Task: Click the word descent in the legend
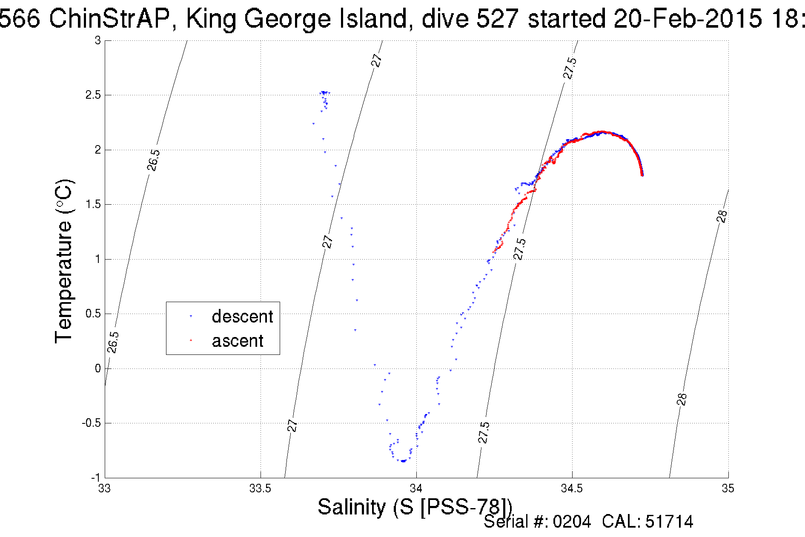point(242,317)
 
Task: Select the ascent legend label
point(238,341)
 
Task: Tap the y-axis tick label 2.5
point(93,95)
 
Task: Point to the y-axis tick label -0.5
point(91,423)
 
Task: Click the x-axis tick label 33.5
point(260,489)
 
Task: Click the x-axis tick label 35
point(728,489)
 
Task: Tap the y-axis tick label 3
point(98,40)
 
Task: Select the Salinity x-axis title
point(415,507)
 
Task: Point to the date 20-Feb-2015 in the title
point(688,19)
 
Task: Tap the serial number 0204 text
point(572,522)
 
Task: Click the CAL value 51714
point(669,522)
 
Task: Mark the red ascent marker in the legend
point(191,340)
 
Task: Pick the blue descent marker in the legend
point(191,316)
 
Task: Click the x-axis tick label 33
point(105,489)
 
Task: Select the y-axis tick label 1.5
point(93,204)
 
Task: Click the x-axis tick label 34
point(416,489)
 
